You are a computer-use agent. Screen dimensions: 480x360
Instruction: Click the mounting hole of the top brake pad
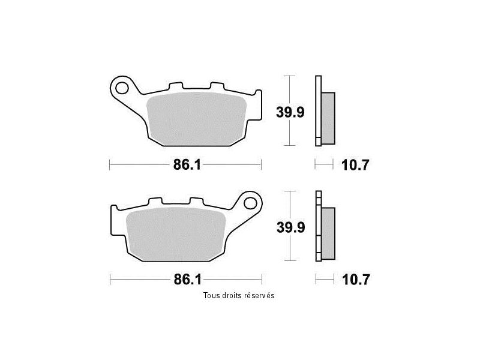pyautogui.click(x=122, y=88)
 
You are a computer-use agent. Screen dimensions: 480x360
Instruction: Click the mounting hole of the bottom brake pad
pyautogui.click(x=250, y=203)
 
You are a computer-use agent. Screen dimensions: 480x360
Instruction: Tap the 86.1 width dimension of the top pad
pyautogui.click(x=187, y=165)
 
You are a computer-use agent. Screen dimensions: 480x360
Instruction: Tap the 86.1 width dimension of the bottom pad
pyautogui.click(x=188, y=280)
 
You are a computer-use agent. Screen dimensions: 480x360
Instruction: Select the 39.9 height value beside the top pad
pyautogui.click(x=290, y=112)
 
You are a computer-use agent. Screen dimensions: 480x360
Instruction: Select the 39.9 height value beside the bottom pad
pyautogui.click(x=291, y=227)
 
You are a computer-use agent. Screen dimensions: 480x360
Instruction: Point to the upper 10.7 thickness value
pyautogui.click(x=355, y=166)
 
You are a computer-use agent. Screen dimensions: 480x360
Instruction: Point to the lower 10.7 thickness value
pyautogui.click(x=356, y=280)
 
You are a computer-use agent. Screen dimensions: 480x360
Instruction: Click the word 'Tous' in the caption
pyautogui.click(x=211, y=295)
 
